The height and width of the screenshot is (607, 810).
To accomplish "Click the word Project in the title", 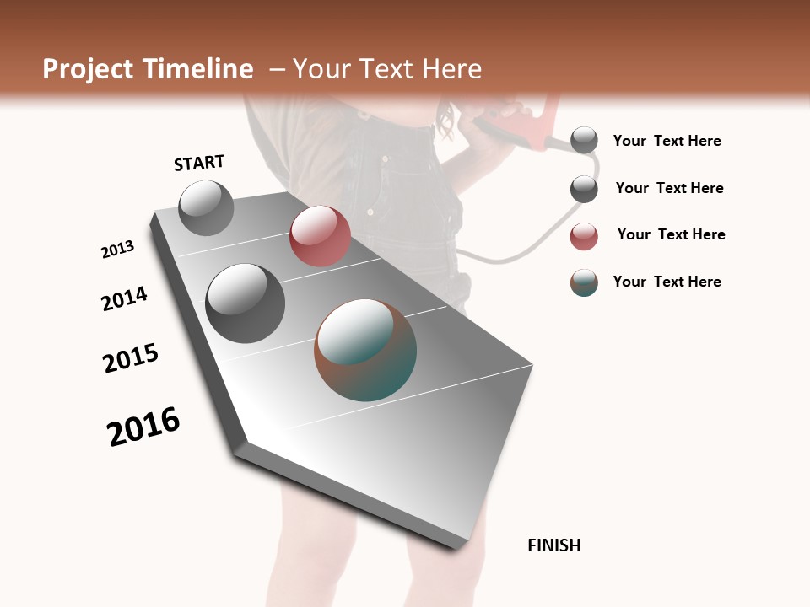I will (86, 69).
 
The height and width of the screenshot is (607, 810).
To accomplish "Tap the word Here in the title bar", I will (450, 69).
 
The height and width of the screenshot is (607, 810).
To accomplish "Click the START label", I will (199, 163).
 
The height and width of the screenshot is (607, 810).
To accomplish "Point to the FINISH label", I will (554, 545).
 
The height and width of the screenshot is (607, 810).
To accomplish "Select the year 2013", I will (117, 250).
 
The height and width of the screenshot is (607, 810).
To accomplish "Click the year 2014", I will (124, 299).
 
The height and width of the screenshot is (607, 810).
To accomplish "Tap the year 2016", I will (143, 427).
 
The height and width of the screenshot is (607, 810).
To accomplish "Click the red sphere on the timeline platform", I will (320, 236).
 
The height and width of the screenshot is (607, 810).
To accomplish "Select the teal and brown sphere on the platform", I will (365, 349).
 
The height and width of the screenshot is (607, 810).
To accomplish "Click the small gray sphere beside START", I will (206, 207).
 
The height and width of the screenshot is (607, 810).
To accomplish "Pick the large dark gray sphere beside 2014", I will (245, 303).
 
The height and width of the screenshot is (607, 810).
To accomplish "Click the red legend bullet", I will (584, 236).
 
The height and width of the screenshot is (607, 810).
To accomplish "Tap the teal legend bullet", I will (584, 282).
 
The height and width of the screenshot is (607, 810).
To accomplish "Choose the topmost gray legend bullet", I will (584, 141).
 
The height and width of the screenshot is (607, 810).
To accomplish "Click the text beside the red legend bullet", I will (671, 234).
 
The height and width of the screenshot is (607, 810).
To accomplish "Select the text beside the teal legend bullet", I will (667, 282).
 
